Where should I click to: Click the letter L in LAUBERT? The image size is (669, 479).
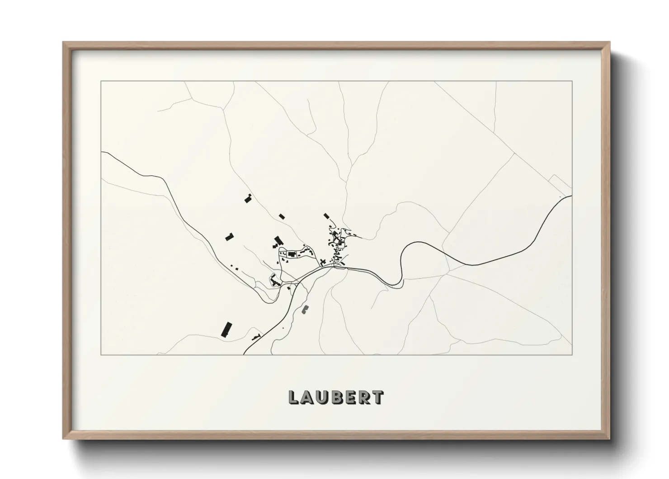293,398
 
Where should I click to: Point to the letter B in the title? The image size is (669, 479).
337,398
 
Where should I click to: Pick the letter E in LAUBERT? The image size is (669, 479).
351,398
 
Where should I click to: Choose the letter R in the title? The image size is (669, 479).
364,398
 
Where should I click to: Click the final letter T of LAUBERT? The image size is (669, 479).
378,398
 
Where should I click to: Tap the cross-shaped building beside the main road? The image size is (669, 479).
323,261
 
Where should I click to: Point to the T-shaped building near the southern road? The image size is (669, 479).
258,336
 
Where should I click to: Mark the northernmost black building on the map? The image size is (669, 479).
247,198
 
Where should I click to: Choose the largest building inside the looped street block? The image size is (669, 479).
292,254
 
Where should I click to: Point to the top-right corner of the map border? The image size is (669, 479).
572,81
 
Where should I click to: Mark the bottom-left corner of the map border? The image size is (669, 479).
101,354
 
